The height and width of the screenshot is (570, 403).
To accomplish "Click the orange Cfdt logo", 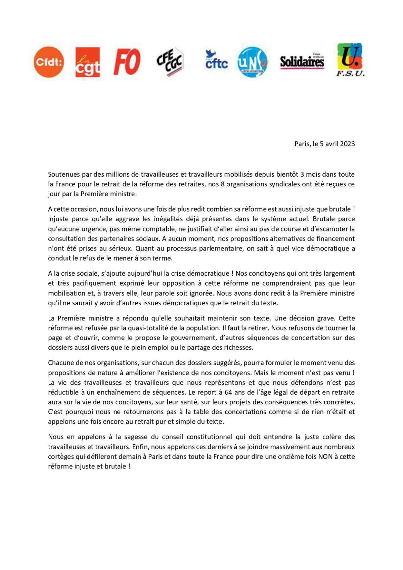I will pyautogui.click(x=49, y=62).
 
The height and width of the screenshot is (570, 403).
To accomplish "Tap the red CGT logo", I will pyautogui.click(x=87, y=62).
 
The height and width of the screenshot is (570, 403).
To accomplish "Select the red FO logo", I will pyautogui.click(x=127, y=62).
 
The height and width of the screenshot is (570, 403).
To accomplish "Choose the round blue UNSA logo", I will pyautogui.click(x=252, y=62).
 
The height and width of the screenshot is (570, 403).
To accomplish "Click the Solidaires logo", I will pyautogui.click(x=302, y=61).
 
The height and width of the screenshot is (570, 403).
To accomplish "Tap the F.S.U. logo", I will pyautogui.click(x=350, y=60).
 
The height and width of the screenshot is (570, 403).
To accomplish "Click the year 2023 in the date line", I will pyautogui.click(x=348, y=144).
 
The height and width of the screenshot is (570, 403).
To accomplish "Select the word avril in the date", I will pyautogui.click(x=332, y=144).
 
